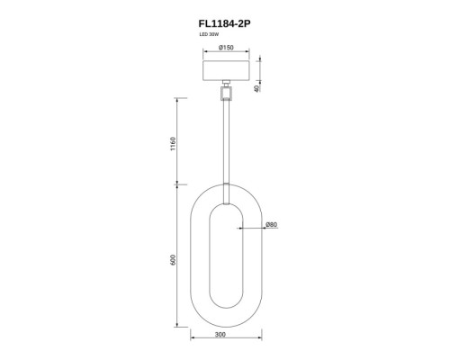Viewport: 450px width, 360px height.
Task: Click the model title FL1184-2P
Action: pos(224,23)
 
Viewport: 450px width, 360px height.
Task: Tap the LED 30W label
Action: pos(210,34)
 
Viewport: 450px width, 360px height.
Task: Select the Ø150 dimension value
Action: pos(226,48)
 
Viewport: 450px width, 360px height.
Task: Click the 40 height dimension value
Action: pos(256,88)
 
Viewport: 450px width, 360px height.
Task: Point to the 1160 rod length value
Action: pos(173,144)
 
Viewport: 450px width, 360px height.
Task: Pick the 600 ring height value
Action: pos(173,260)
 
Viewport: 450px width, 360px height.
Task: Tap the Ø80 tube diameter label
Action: pos(272,224)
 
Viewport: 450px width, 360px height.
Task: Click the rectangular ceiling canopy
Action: pos(227,70)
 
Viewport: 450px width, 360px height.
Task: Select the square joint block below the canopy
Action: pos(227,93)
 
